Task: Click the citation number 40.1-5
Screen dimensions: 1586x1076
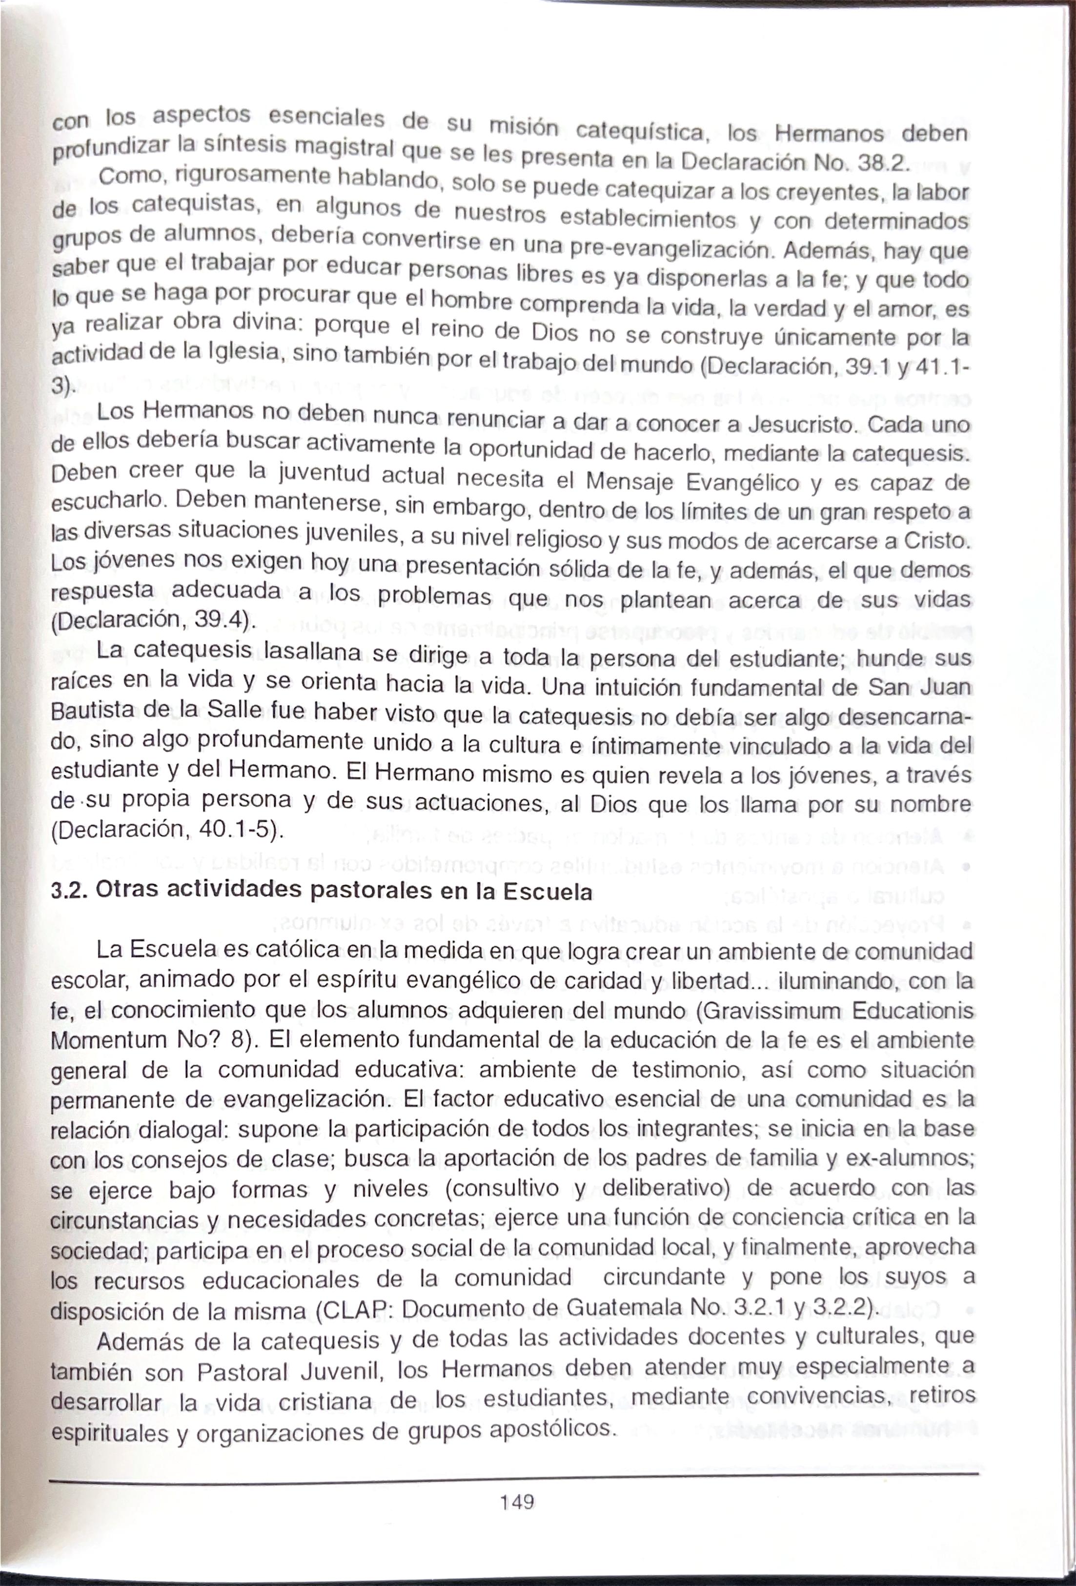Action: (237, 830)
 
